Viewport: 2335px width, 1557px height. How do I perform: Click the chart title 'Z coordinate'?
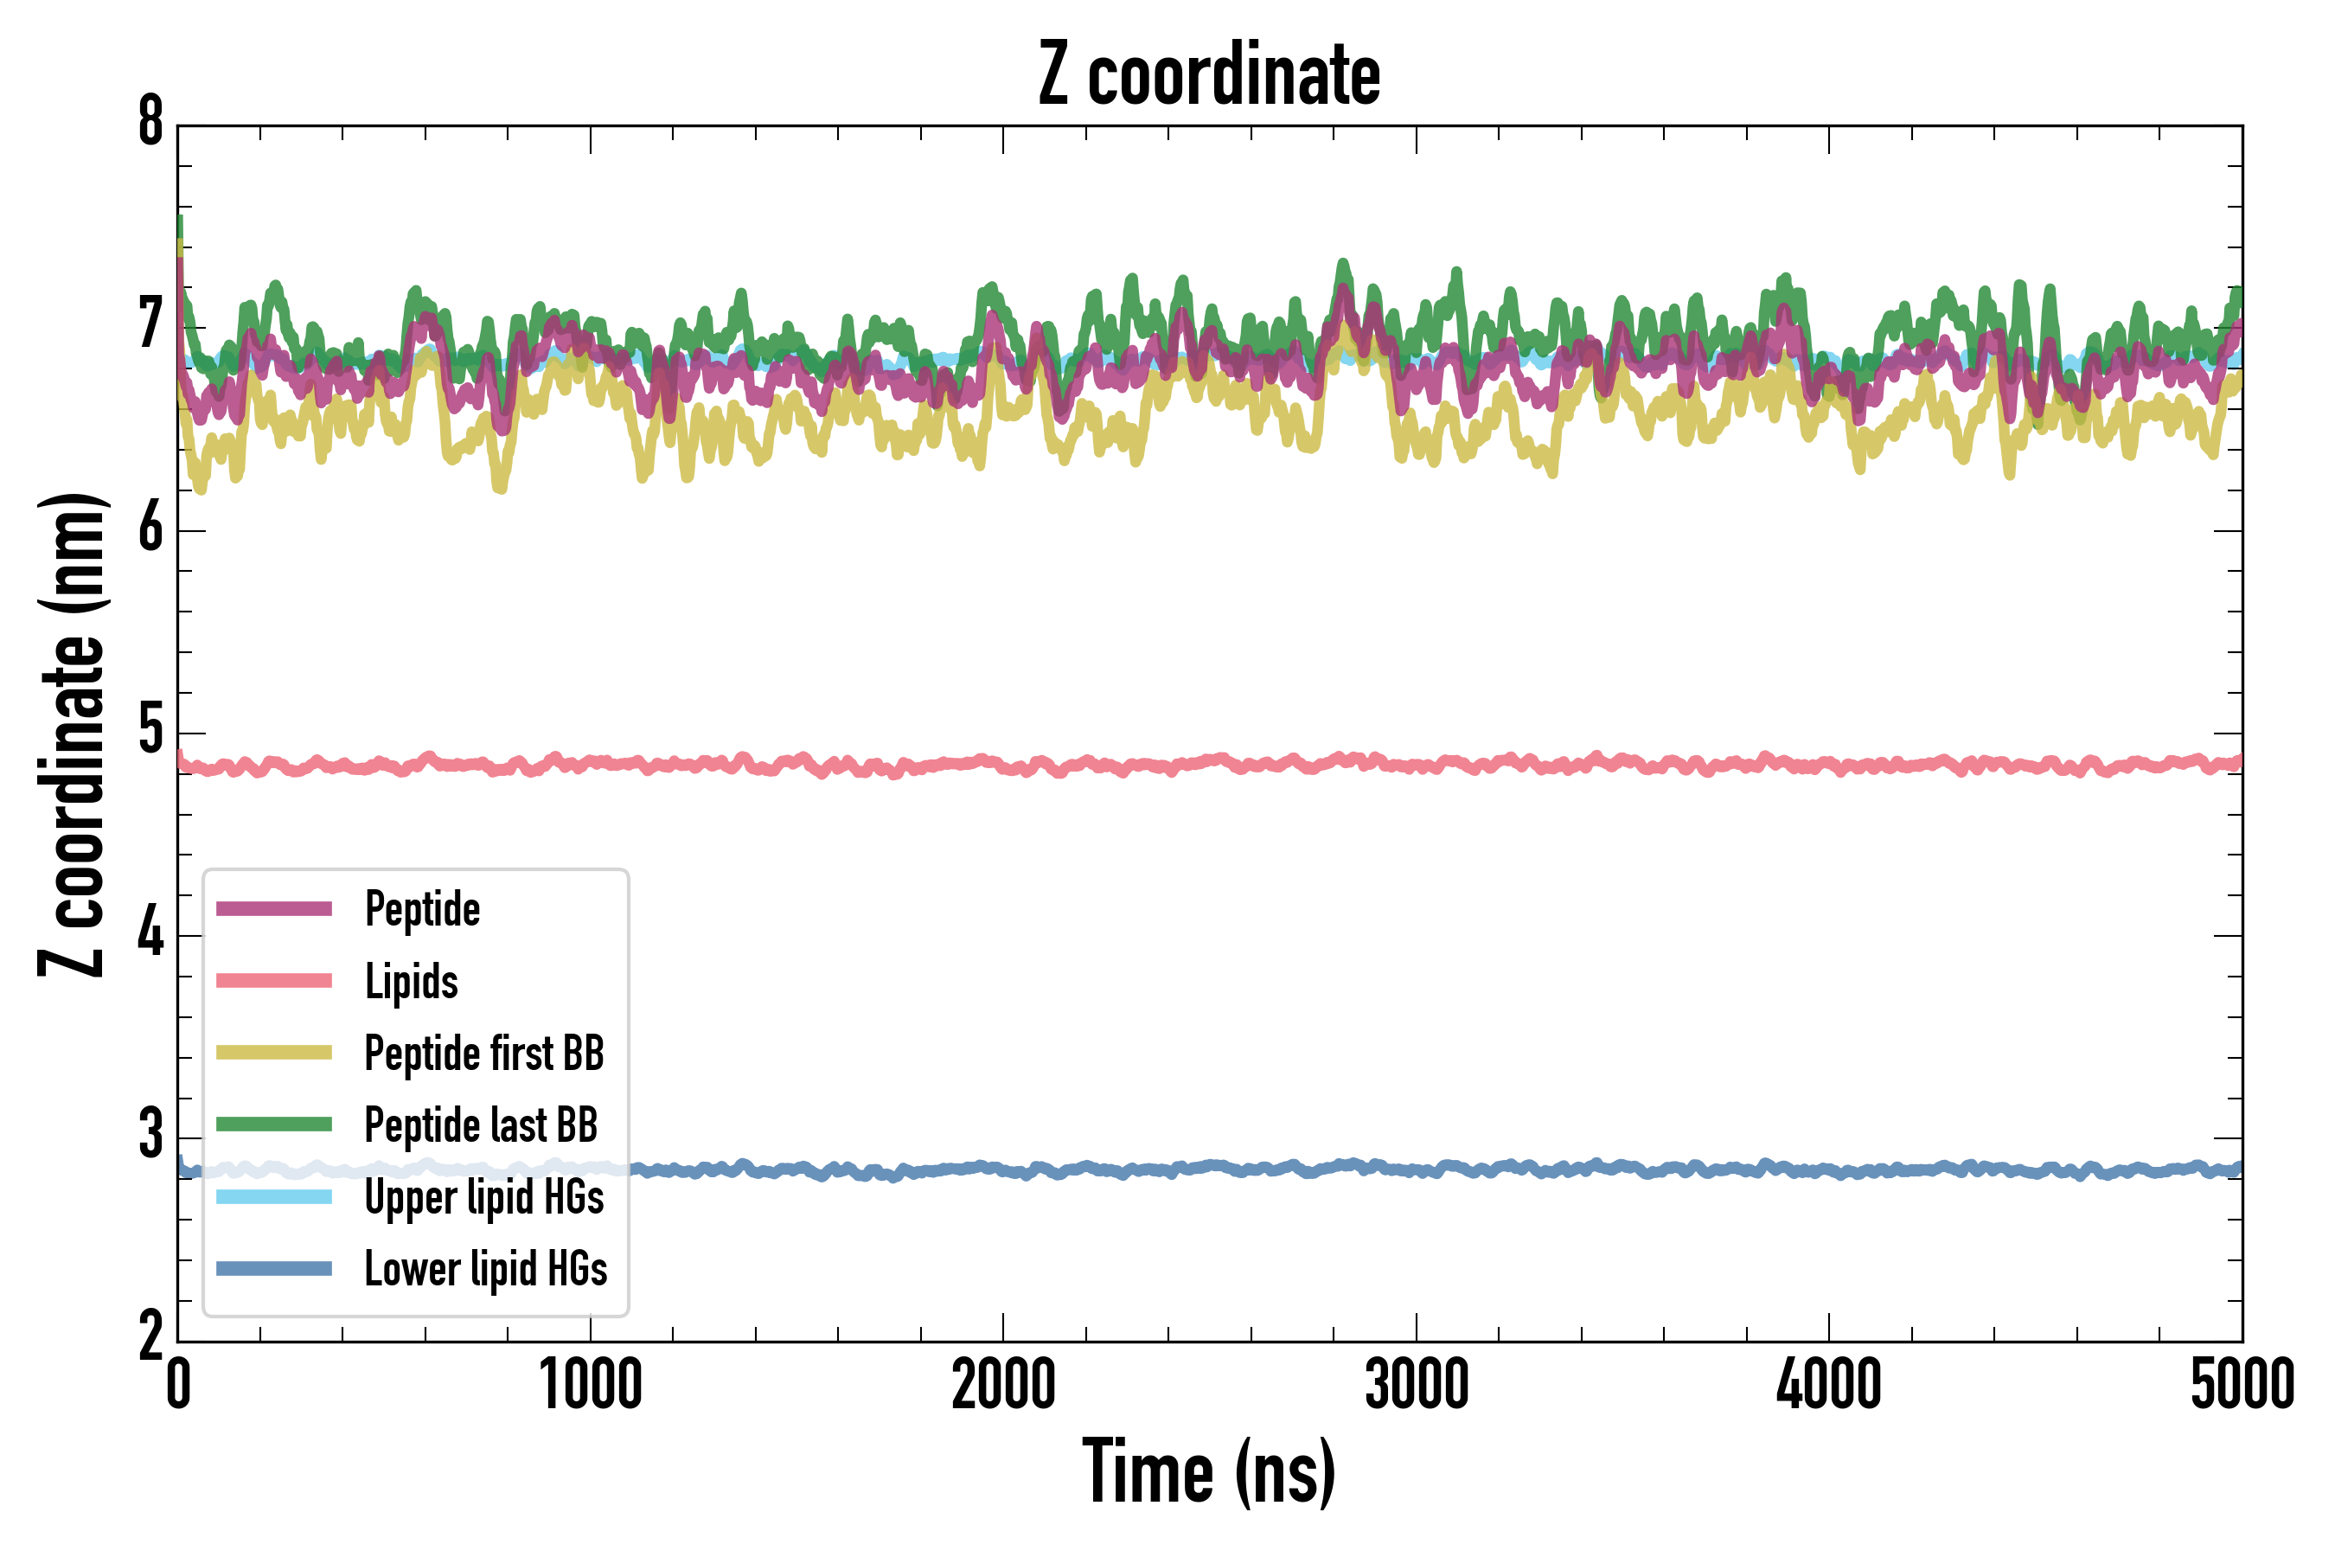point(1208,74)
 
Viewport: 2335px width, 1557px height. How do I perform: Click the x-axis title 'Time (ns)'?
point(1208,1472)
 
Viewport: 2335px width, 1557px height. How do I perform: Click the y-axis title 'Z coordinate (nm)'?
point(72,734)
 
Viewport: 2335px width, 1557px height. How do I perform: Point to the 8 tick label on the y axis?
point(150,123)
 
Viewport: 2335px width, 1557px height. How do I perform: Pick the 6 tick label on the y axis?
point(150,529)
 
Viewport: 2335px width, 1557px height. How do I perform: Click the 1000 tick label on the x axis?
point(591,1385)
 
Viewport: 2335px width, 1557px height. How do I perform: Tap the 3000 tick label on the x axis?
point(1416,1385)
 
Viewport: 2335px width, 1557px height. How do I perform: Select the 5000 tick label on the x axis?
point(2242,1385)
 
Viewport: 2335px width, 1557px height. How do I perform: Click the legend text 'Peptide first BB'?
point(484,1054)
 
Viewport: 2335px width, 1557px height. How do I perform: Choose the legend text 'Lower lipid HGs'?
point(485,1269)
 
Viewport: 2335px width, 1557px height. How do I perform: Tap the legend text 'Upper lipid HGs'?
point(484,1197)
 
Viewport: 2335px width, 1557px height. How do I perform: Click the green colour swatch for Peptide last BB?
point(274,1124)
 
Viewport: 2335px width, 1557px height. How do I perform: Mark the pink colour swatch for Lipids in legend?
point(274,981)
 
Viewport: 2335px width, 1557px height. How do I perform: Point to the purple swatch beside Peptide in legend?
point(274,908)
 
